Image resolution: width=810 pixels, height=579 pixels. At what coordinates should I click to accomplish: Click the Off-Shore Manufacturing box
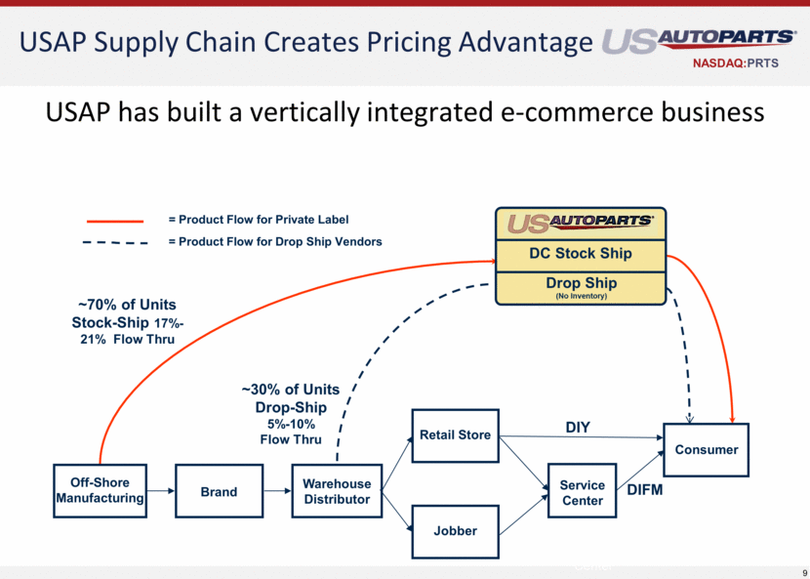coord(100,490)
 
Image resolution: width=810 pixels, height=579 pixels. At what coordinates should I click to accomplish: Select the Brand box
coord(219,491)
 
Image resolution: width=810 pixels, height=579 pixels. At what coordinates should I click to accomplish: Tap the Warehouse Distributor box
coord(336,491)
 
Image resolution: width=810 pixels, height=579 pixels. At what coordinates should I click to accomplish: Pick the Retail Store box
coord(455,434)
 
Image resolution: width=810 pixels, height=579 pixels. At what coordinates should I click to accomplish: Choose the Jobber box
coord(455,530)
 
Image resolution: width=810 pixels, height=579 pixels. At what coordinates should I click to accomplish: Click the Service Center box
coord(582,492)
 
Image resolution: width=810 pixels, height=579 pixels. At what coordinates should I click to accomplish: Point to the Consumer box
coord(706,450)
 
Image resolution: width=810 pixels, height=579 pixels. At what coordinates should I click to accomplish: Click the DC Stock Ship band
coord(580,254)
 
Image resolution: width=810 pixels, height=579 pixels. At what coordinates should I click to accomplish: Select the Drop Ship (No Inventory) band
coord(580,287)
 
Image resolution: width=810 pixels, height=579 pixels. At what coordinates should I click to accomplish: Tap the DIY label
coord(579,428)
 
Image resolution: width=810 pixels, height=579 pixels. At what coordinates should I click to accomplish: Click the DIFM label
coord(643,490)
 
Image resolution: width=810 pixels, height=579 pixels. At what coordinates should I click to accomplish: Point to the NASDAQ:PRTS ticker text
coord(742,63)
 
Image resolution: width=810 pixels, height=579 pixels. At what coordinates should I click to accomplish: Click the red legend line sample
coord(114,221)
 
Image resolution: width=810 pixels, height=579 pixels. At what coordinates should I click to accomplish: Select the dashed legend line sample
coord(114,242)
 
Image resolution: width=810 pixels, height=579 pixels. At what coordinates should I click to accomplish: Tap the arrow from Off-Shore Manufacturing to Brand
coord(160,491)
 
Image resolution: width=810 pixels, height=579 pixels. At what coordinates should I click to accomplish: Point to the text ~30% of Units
coord(291,390)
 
